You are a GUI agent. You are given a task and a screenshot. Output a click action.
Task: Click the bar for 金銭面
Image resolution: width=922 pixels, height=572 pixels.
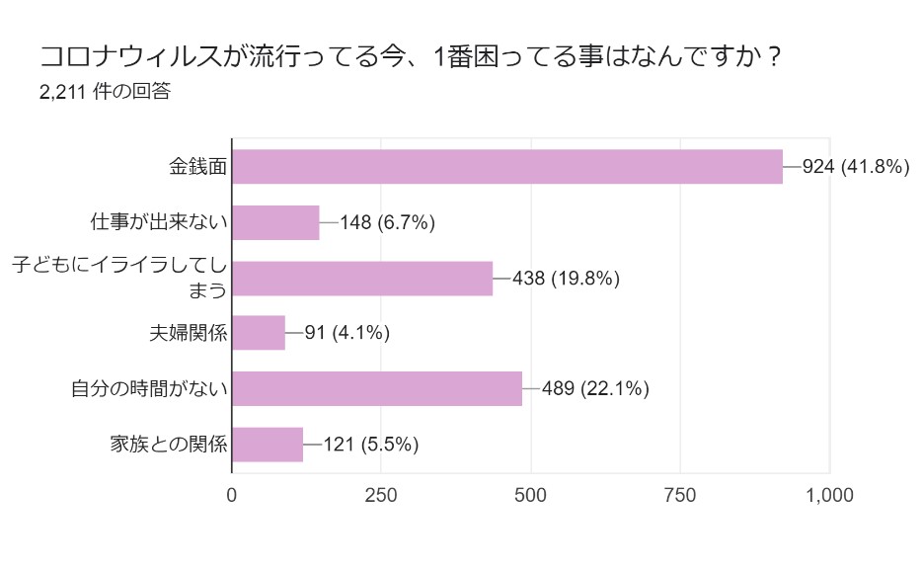[x=507, y=167]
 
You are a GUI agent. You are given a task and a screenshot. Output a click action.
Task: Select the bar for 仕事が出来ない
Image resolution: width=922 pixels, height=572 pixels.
[x=275, y=222]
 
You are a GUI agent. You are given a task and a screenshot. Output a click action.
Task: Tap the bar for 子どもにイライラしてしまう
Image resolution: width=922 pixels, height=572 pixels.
[x=362, y=279]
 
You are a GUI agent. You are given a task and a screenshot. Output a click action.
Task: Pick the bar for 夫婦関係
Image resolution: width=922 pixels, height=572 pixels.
[x=259, y=333]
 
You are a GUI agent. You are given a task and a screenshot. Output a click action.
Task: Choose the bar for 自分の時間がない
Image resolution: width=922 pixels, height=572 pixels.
[x=377, y=388]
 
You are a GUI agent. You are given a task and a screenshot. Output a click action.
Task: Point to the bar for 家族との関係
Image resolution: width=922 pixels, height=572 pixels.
[x=268, y=445]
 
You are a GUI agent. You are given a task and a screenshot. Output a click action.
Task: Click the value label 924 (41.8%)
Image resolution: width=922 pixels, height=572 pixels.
[x=855, y=167]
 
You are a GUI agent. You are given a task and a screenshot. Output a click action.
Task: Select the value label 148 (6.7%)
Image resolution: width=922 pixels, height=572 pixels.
[x=387, y=222]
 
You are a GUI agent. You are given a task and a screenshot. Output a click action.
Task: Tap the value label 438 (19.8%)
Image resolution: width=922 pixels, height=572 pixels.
[x=566, y=279]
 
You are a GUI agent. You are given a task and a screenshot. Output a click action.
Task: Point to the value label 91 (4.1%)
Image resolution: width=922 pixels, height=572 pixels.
[x=346, y=333]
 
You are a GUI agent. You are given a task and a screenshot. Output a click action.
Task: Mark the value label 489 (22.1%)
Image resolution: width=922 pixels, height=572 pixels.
[x=594, y=388]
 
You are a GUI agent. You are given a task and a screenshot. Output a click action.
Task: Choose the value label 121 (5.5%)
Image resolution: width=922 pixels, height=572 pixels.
[x=370, y=445]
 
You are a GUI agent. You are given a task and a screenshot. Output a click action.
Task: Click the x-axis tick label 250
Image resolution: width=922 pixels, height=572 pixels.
[x=381, y=495]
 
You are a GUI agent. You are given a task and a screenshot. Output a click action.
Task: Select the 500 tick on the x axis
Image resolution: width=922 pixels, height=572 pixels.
[x=531, y=495]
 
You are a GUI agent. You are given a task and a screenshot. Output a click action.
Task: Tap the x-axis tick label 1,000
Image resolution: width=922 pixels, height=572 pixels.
[x=829, y=495]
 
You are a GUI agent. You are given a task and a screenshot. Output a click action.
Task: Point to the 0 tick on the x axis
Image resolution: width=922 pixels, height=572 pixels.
[x=232, y=495]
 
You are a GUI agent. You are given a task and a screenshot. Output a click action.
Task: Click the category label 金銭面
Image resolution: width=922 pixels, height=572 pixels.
[x=198, y=167]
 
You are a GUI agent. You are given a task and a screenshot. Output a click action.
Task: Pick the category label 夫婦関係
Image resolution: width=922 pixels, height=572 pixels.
[x=189, y=333]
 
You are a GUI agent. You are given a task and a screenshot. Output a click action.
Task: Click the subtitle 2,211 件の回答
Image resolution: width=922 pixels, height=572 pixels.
[x=105, y=92]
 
